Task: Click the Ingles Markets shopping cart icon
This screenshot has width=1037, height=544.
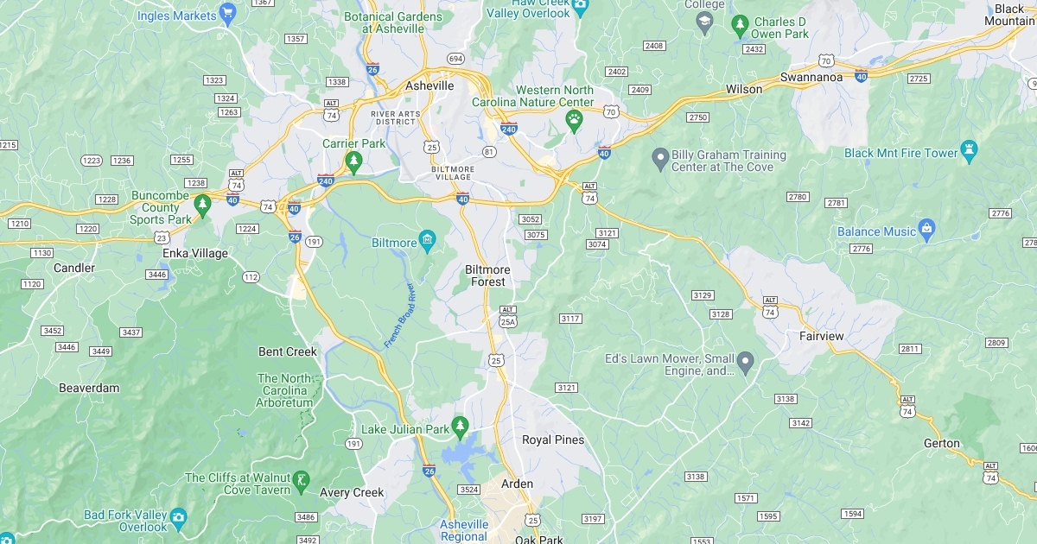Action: [x=227, y=12]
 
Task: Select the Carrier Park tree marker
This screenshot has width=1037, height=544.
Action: [x=353, y=161]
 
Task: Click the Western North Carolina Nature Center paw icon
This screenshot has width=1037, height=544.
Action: [x=574, y=119]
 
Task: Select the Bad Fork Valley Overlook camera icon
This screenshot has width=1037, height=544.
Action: [x=179, y=516]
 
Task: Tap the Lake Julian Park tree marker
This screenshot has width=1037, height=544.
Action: [x=461, y=426]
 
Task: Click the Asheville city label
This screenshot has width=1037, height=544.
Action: [x=429, y=86]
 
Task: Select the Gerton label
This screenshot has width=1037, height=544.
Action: [x=942, y=444]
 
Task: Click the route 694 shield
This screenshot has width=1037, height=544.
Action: [x=455, y=59]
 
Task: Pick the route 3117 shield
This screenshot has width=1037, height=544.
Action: [x=570, y=319]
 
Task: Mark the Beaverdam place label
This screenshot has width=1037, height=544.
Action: [x=89, y=389]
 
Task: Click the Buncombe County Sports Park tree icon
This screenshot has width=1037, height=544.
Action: [x=202, y=204]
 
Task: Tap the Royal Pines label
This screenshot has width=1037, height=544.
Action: [x=553, y=440]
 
